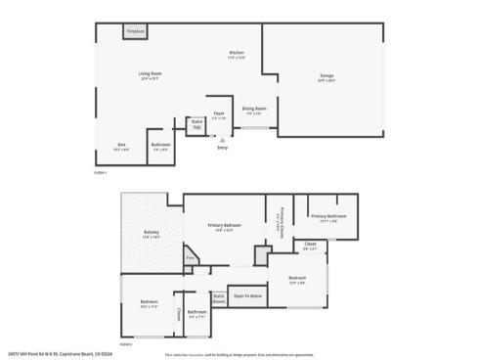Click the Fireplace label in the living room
point(136,32)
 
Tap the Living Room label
point(149,74)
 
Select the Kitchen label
point(236,53)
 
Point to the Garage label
point(327,75)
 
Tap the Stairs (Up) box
point(196,126)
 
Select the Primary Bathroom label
point(328,216)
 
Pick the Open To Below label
point(247,294)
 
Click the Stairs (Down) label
point(219,296)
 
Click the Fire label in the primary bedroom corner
point(190,258)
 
